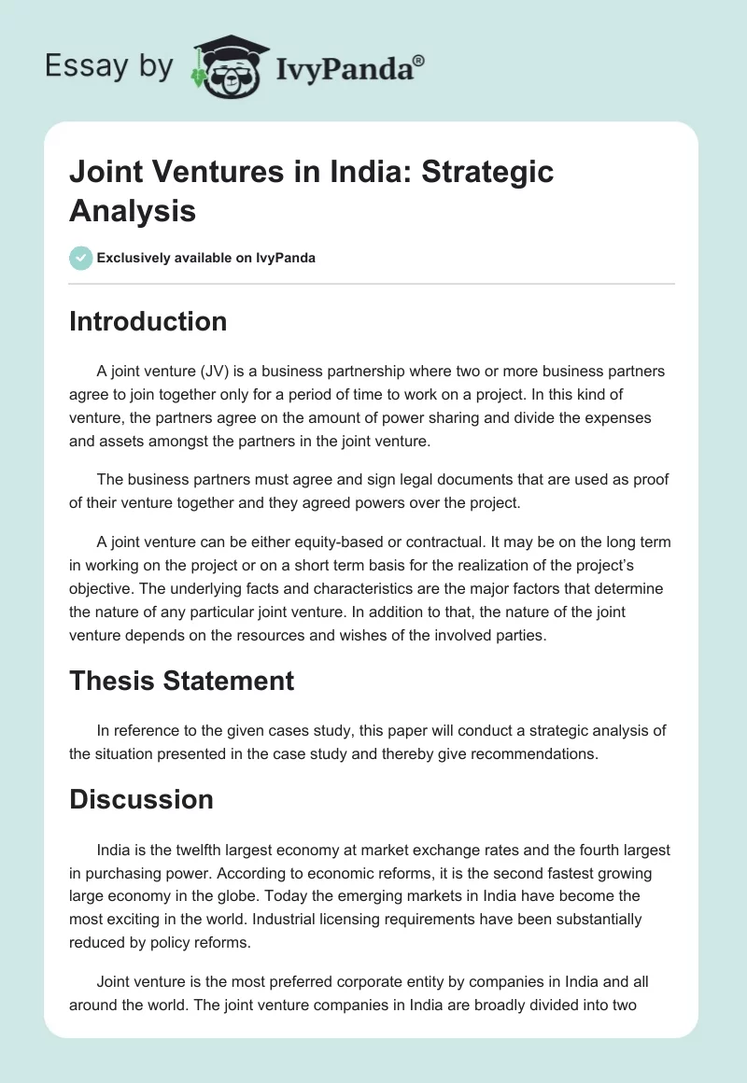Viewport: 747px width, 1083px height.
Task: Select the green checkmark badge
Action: coord(81,258)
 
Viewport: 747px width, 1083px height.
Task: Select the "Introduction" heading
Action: coord(148,321)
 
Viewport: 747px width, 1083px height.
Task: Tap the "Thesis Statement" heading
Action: coord(181,681)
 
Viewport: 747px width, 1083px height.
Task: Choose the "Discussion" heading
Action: coord(141,799)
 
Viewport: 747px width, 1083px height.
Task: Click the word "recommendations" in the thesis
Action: coord(528,752)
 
